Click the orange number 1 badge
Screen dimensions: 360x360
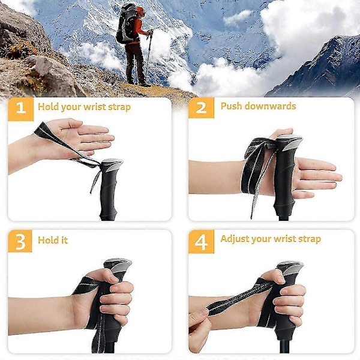(21, 109)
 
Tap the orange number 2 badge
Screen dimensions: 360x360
(202, 107)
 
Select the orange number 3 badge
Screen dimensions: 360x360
(20, 241)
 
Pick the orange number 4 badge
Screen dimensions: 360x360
(202, 242)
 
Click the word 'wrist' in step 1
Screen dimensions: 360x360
(94, 107)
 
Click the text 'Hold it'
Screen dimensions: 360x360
(53, 240)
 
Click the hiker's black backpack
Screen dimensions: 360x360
(125, 24)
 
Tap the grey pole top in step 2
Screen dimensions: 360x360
(289, 141)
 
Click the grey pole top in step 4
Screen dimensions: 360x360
(290, 268)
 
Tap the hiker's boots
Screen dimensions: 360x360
(138, 83)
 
